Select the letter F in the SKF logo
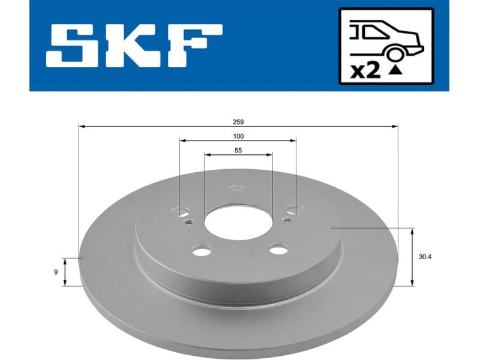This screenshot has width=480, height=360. coord(195,46)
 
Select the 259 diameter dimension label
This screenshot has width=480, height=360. coord(239,121)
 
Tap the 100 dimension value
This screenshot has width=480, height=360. coord(239,136)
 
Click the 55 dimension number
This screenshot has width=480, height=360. coord(238,151)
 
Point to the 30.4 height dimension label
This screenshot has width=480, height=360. coord(426,256)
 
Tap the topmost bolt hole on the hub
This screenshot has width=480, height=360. coord(236,191)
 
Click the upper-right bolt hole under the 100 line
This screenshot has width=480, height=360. coord(293,209)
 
